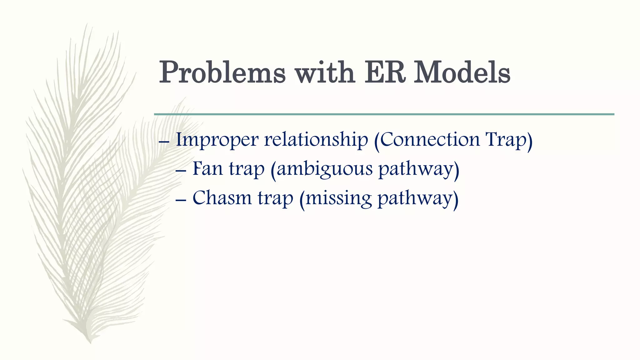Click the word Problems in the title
pos(222,72)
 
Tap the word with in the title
pos(325,72)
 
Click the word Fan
pos(207,168)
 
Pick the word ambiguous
pos(324,169)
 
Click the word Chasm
pos(222,197)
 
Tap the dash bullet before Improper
pos(164,142)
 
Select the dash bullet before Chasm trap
pos(181,200)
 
